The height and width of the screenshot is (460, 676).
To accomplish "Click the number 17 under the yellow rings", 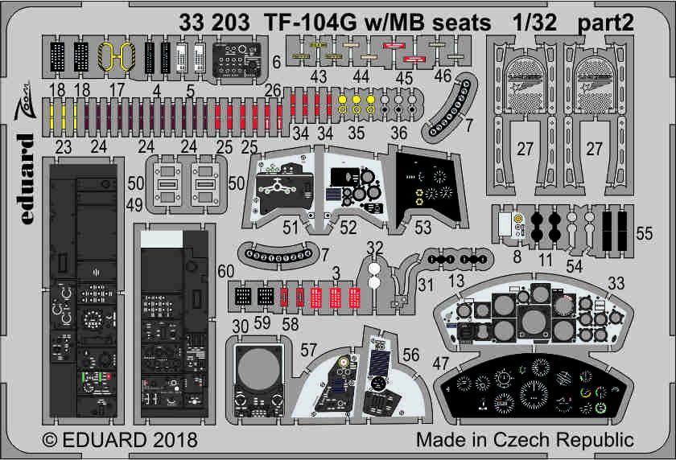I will pyautogui.click(x=117, y=89).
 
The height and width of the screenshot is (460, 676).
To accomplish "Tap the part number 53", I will pyautogui.click(x=422, y=228).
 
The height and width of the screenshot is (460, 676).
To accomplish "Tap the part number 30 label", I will pyautogui.click(x=238, y=328).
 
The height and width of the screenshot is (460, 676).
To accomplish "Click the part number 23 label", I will pyautogui.click(x=60, y=146).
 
